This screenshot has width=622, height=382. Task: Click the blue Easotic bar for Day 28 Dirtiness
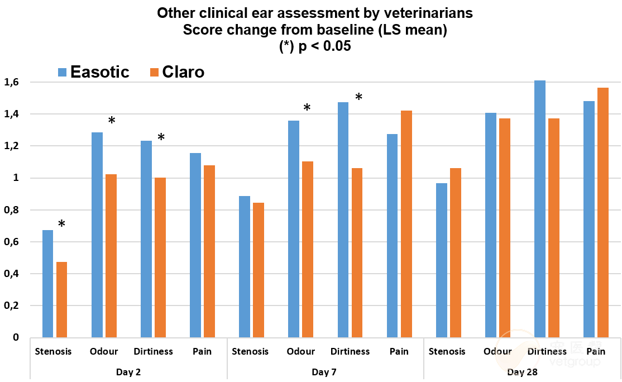coord(540,209)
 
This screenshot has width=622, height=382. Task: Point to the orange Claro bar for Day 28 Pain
coord(602,213)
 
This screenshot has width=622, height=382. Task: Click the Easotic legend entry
coord(93,72)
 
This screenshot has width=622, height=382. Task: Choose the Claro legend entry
coord(177,72)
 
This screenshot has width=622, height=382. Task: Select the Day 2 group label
coord(128,371)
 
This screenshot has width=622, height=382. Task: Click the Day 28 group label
coord(522,371)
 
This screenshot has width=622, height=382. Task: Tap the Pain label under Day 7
coord(399,351)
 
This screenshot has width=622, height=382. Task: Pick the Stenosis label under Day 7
coord(250,351)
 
